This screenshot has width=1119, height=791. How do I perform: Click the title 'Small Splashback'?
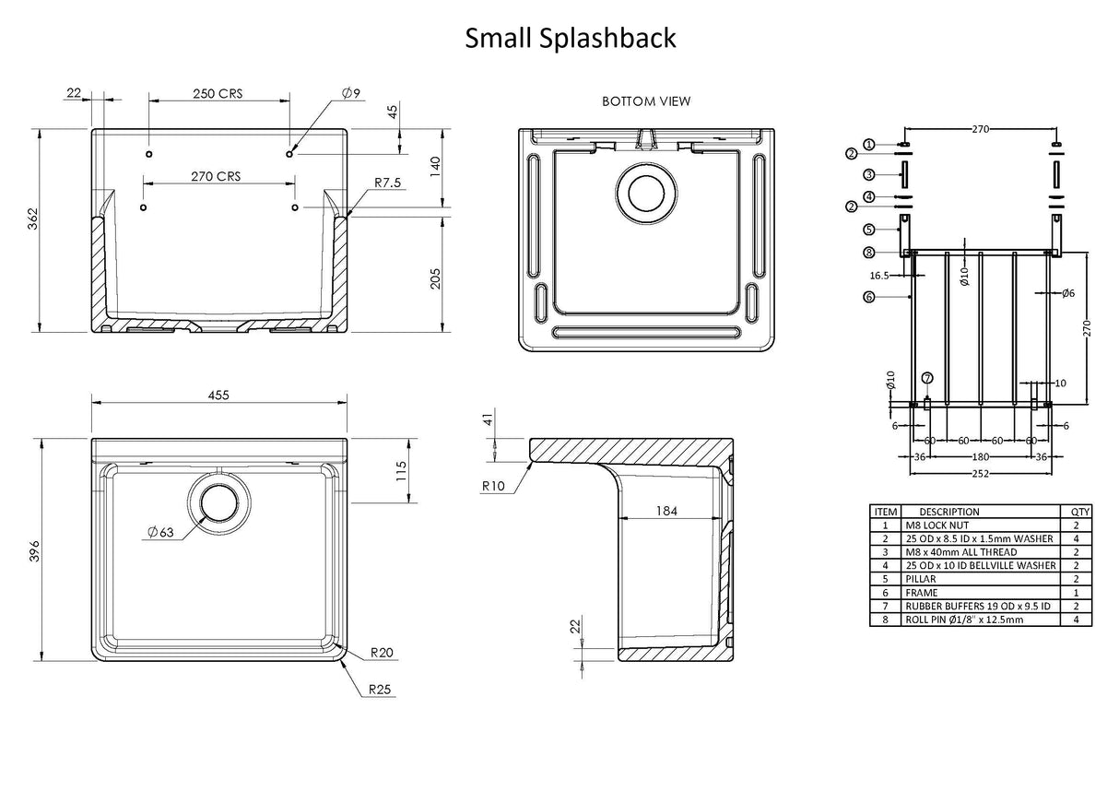pos(570,38)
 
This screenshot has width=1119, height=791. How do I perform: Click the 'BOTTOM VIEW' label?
pos(645,101)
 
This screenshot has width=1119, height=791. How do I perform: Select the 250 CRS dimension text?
pos(218,93)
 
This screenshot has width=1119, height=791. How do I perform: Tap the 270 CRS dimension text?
pos(215,176)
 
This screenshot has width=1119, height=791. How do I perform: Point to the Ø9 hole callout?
pos(351,92)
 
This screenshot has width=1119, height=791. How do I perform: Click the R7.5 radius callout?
pos(388,183)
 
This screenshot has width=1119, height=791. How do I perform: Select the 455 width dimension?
pos(218,395)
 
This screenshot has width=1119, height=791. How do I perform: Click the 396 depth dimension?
pos(34,549)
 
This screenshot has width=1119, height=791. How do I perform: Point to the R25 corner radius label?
pos(382,689)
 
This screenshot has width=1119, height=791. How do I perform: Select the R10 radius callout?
pos(492,486)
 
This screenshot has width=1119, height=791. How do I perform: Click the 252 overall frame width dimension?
pos(980,473)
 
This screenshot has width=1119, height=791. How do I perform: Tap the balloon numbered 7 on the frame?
pos(926,377)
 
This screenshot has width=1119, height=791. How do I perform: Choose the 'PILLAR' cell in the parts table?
pos(922,578)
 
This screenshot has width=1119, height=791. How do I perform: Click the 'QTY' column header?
pos(1078,512)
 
